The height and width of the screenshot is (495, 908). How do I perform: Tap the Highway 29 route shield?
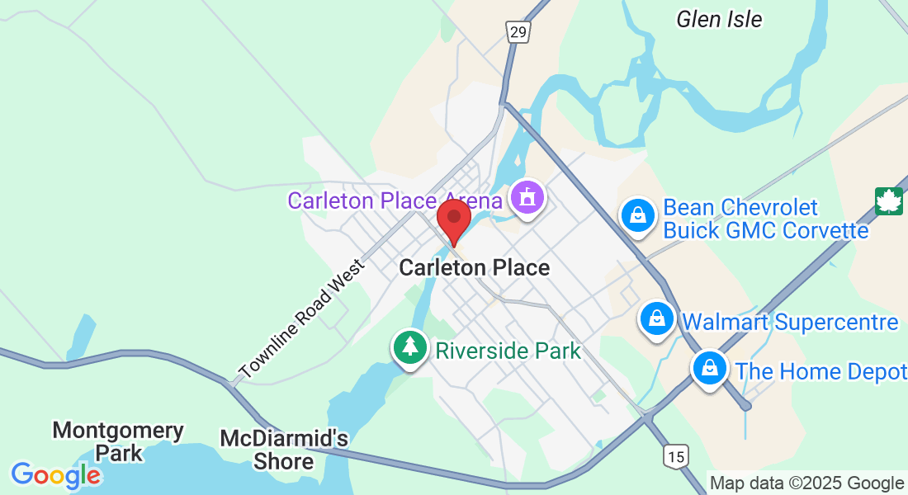click(518, 32)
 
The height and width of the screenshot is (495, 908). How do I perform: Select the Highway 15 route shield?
click(675, 456)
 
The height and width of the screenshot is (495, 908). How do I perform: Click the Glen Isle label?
click(719, 19)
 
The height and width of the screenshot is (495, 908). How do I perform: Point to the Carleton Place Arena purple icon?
click(526, 198)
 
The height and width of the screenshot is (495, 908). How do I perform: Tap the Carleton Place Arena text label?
click(395, 200)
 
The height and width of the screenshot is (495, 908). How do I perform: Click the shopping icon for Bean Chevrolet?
click(637, 215)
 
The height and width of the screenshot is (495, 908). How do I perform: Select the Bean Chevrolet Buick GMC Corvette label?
click(765, 219)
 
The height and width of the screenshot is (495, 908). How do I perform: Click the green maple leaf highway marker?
click(889, 200)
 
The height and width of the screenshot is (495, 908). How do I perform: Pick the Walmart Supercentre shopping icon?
click(657, 318)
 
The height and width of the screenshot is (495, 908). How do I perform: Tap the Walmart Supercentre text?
click(791, 322)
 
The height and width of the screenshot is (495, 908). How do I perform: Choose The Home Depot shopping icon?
click(709, 369)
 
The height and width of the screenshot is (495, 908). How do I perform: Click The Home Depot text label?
click(821, 372)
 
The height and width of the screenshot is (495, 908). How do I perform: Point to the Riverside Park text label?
click(508, 351)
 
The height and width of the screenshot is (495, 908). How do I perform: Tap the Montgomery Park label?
click(118, 441)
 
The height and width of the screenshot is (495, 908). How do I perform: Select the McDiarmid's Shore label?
click(284, 450)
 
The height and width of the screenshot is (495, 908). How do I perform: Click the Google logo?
click(56, 475)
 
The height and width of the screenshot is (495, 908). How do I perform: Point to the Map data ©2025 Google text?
click(806, 483)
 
